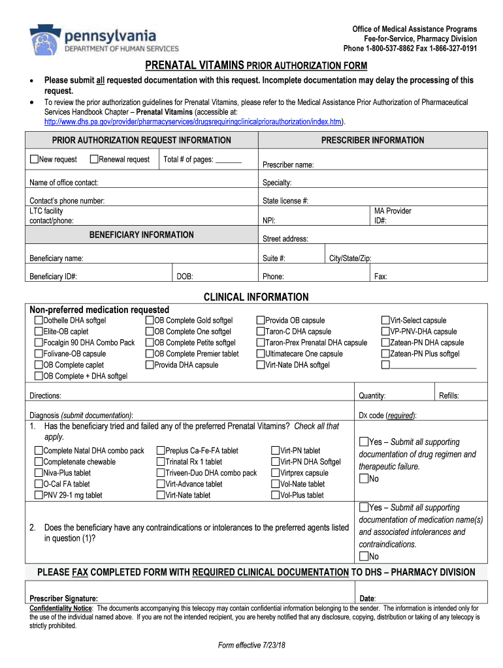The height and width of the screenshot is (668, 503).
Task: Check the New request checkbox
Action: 34,159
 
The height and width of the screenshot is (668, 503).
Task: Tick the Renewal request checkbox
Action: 94,159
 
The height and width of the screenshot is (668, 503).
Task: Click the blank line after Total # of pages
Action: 229,160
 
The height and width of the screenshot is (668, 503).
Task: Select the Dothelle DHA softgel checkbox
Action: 39,320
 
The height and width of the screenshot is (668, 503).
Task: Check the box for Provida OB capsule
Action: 261,320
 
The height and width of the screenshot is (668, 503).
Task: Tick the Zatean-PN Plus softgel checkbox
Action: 385,354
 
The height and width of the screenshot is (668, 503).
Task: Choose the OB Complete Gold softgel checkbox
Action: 150,320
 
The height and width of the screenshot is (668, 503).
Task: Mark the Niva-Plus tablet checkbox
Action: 39,473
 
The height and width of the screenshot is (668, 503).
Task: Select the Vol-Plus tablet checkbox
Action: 275,495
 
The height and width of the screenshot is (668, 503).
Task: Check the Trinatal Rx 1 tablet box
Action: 161,462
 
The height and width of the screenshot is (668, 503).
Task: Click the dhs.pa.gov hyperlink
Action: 193,122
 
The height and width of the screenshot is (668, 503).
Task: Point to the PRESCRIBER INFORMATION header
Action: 372,140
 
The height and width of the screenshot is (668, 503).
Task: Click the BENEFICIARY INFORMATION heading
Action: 141,235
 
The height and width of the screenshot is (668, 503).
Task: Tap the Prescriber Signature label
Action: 64,598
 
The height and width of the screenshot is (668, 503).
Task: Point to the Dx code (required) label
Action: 388,416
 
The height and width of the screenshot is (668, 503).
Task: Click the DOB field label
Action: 185,277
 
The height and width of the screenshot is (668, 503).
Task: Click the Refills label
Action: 449,395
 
